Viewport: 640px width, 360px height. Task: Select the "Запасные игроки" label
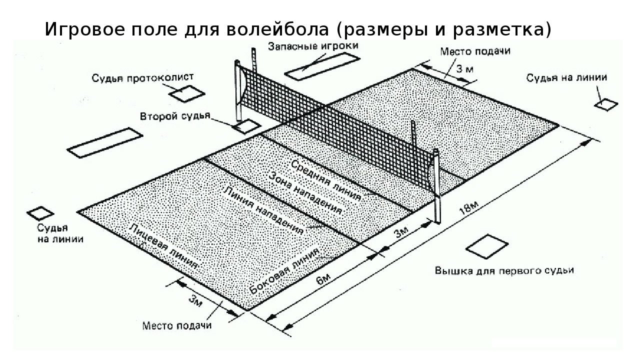click(313, 46)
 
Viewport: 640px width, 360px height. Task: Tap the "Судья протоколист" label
click(142, 78)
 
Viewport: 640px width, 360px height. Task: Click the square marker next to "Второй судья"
click(244, 126)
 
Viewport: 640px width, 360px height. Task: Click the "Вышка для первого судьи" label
click(504, 270)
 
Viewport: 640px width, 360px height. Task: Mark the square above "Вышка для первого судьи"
click(485, 245)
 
